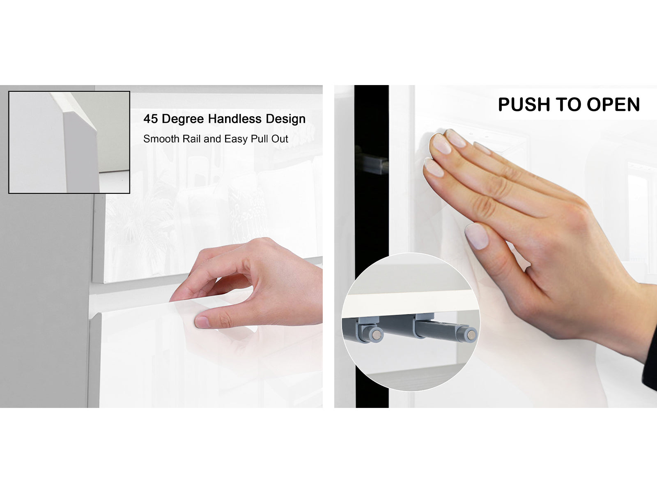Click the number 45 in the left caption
click(151, 119)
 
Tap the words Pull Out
click(269, 139)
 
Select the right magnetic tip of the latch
click(471, 335)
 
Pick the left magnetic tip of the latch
click(377, 334)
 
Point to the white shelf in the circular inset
click(410, 302)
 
